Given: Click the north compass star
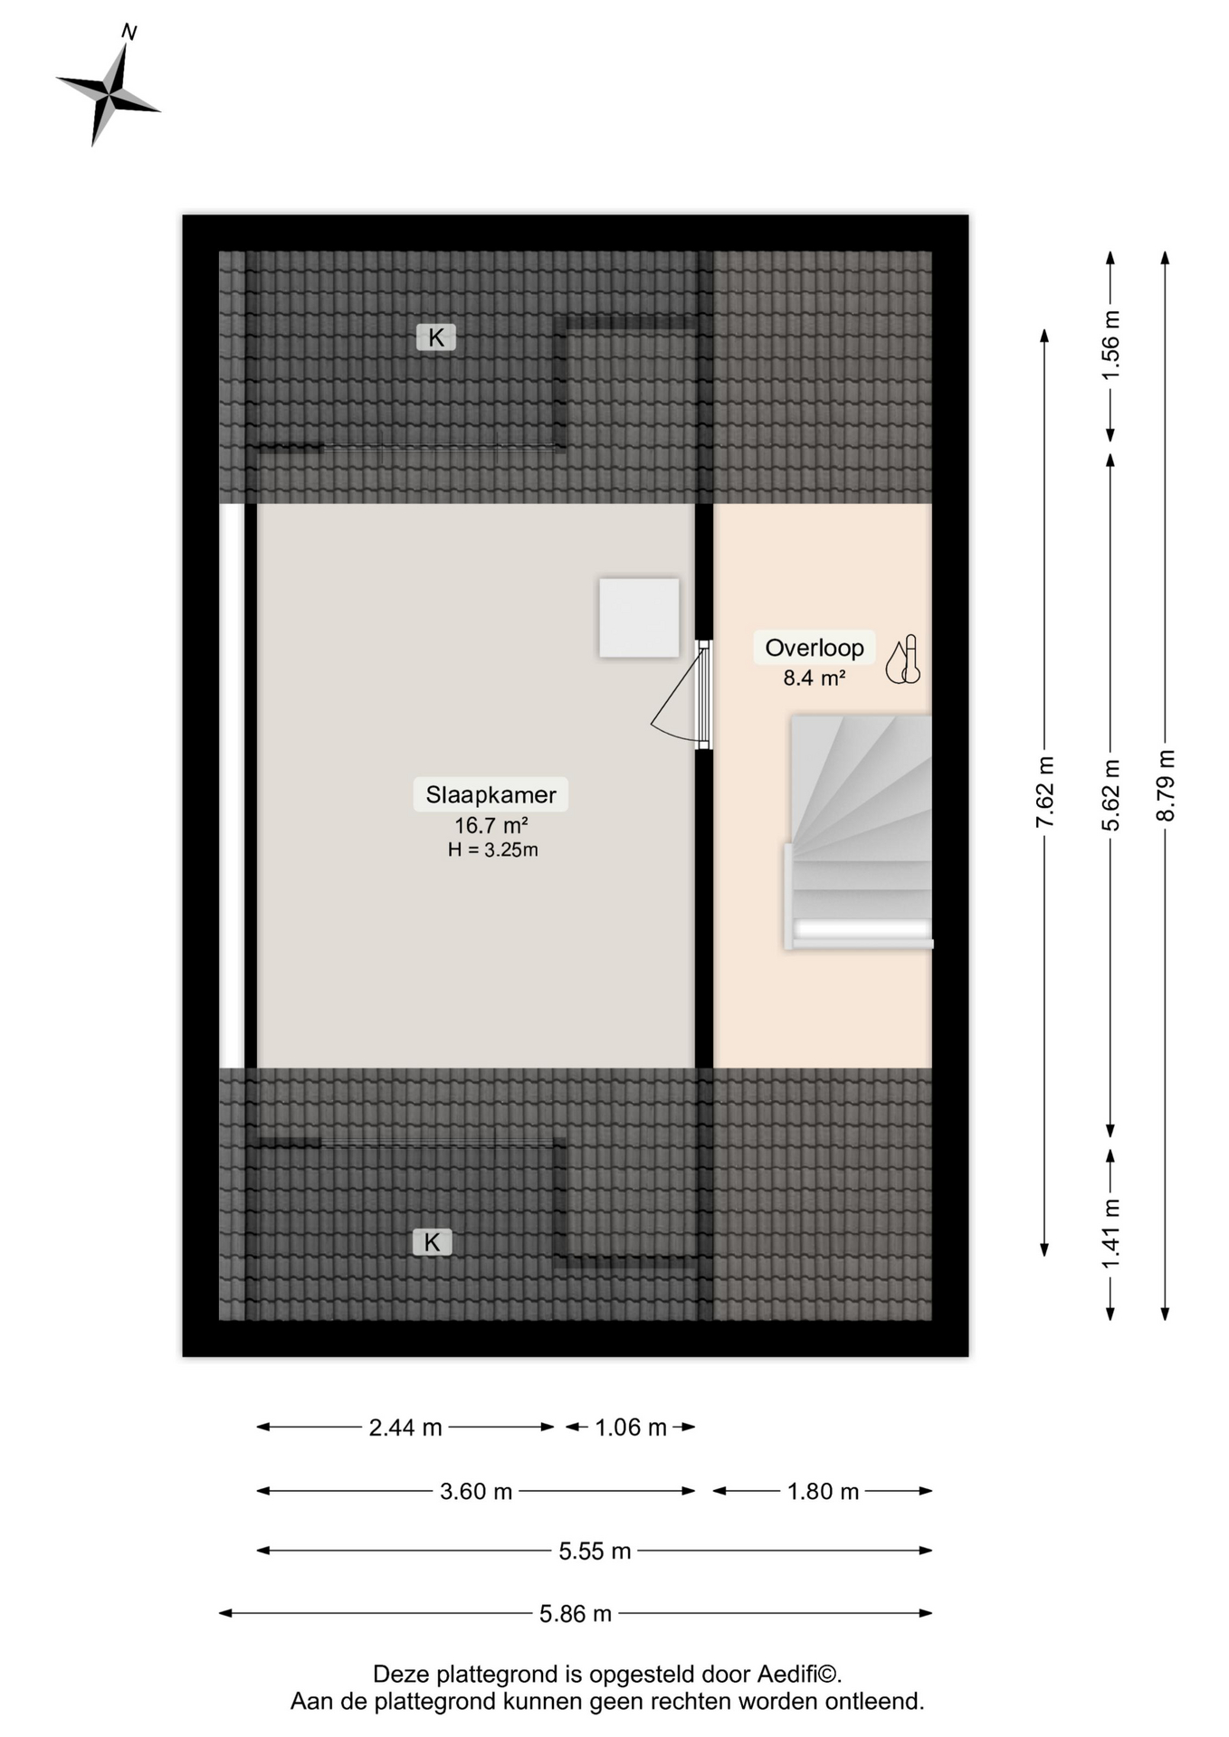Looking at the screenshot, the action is pos(109,91).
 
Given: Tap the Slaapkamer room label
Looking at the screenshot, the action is pos(491,794).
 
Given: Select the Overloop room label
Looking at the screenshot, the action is pos(815,648).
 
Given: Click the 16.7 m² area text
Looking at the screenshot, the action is pos(491,825).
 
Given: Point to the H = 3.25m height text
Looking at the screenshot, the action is pos(492,850).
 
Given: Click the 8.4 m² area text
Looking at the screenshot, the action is pos(815,678).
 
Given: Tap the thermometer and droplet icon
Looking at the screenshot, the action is pos(903,660).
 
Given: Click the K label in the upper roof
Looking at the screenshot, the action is pos(436,337).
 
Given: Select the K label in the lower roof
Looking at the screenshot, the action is pos(432,1242).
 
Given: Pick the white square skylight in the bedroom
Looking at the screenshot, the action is pos(639,618).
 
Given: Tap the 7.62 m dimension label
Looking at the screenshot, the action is pos(1044,792).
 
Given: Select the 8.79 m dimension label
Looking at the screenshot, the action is pos(1166,785).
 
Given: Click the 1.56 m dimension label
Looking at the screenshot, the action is pos(1110,346).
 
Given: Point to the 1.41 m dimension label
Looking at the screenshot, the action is pos(1110,1233).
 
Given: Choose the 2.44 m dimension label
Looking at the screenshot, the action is pos(405,1428).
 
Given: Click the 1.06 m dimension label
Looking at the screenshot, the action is pos(631,1428).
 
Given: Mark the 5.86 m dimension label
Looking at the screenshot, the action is pos(576,1613).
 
